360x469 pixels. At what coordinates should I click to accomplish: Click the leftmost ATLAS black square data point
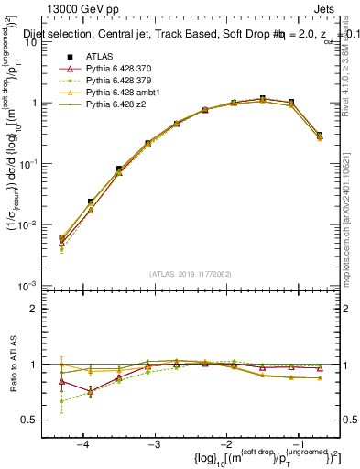pos(61,238)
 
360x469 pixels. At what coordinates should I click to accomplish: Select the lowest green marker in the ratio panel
pos(61,400)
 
